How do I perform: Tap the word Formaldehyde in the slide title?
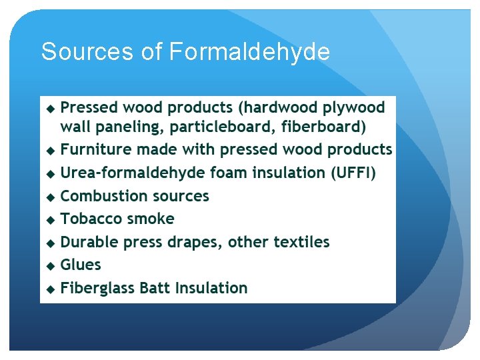coord(249,51)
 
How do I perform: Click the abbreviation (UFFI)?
coord(353,173)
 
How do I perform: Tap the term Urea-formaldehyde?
coord(133,173)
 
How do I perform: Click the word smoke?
coord(151,219)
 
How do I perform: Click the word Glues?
coord(81,265)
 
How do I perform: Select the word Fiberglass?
coord(97,288)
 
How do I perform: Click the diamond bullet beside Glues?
coord(51,265)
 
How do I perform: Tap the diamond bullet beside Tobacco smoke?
coord(51,219)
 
